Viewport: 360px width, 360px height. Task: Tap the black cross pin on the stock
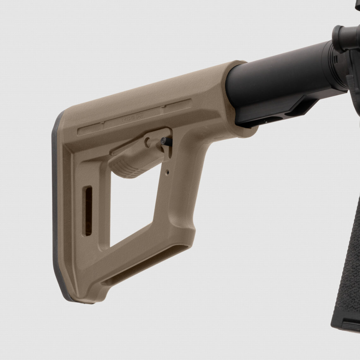pyautogui.click(x=163, y=142)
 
